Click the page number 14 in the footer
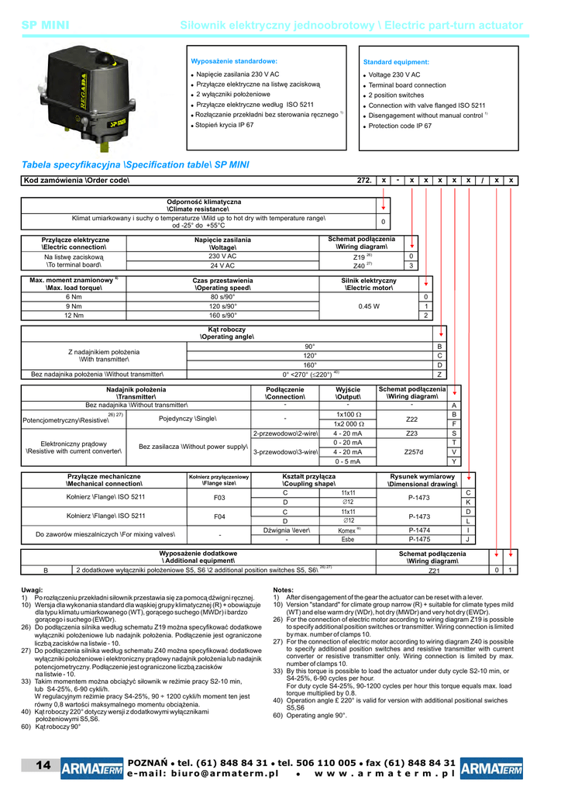pyautogui.click(x=43, y=766)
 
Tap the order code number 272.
pyautogui.click(x=363, y=180)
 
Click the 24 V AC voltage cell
pyautogui.click(x=222, y=265)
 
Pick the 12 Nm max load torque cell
pyautogui.click(x=74, y=316)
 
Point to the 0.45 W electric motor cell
pyautogui.click(x=369, y=306)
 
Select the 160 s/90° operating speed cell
pyautogui.click(x=223, y=316)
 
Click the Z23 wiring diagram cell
pyautogui.click(x=411, y=433)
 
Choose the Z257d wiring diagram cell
pyautogui.click(x=411, y=452)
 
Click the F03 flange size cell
pyautogui.click(x=219, y=498)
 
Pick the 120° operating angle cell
pyautogui.click(x=309, y=355)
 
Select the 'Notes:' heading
pyautogui.click(x=284, y=590)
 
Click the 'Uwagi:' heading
pyautogui.click(x=33, y=590)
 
